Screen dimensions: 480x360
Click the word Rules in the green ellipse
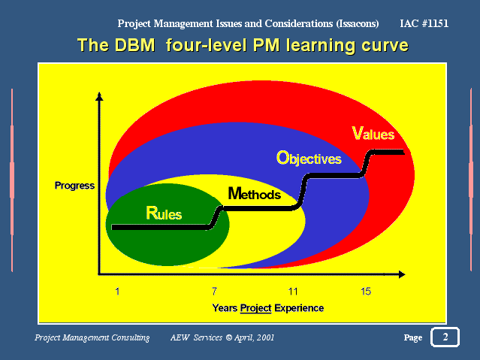pyautogui.click(x=164, y=213)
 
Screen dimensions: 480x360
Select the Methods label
pyautogui.click(x=255, y=194)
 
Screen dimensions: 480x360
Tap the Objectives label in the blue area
pyautogui.click(x=309, y=159)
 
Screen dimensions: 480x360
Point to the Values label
pyautogui.click(x=373, y=133)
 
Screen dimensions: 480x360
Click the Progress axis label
pyautogui.click(x=74, y=186)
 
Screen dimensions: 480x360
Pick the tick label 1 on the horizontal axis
pyautogui.click(x=117, y=292)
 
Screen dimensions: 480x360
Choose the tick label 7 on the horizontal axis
pyautogui.click(x=214, y=292)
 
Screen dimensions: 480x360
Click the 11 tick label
pyautogui.click(x=293, y=292)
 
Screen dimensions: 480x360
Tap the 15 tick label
pyautogui.click(x=366, y=292)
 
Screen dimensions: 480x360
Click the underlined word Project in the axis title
pyautogui.click(x=256, y=308)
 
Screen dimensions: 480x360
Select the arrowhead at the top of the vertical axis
pyautogui.click(x=99, y=96)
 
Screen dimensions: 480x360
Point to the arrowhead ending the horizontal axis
pyautogui.click(x=402, y=274)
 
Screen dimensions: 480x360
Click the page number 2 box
pyautogui.click(x=445, y=337)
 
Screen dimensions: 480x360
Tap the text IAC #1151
pyautogui.click(x=424, y=23)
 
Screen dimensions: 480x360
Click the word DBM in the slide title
pyautogui.click(x=135, y=45)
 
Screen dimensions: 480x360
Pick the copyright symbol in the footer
pyautogui.click(x=229, y=337)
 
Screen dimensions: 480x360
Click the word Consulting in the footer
pyautogui.click(x=131, y=337)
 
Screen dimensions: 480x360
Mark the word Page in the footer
pyautogui.click(x=413, y=337)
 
